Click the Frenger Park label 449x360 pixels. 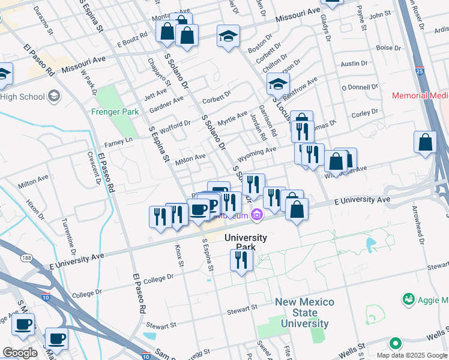[x=115, y=112]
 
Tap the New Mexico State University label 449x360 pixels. [x=302, y=313]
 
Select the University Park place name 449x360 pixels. [x=245, y=242]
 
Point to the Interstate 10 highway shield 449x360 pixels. [x=46, y=296]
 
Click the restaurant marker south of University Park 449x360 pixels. [x=241, y=260]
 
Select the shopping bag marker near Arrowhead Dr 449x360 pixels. [x=425, y=143]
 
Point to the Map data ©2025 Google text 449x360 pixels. [x=411, y=355]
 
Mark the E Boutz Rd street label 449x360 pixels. [x=132, y=40]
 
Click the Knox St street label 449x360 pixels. [x=178, y=254]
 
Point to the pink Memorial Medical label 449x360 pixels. [x=420, y=95]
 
